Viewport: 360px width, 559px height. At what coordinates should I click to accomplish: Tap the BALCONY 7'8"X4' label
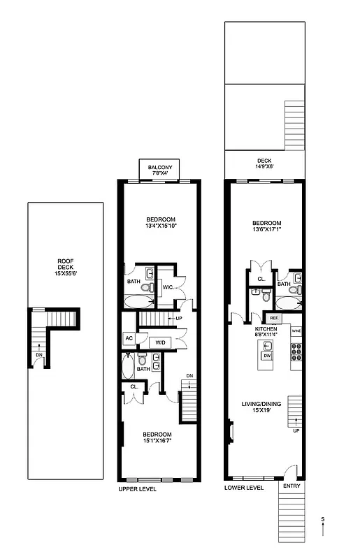point(161,169)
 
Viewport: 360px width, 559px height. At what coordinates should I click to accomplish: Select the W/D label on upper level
point(160,342)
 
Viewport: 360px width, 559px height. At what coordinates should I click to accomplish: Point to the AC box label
point(129,338)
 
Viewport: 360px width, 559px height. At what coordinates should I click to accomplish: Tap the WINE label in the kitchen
point(296,331)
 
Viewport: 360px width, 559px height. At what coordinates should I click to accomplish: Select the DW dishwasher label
point(267,356)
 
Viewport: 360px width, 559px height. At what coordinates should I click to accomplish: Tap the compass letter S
point(323,519)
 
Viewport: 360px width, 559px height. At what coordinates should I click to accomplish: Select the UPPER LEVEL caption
point(137,489)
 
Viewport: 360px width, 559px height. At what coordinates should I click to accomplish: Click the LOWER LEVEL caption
point(244,488)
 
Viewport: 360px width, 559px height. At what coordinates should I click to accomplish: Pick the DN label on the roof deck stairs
point(38,354)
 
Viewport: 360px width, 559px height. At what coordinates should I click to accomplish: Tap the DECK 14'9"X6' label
point(264,164)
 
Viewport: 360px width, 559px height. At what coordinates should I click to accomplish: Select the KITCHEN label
point(266,328)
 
